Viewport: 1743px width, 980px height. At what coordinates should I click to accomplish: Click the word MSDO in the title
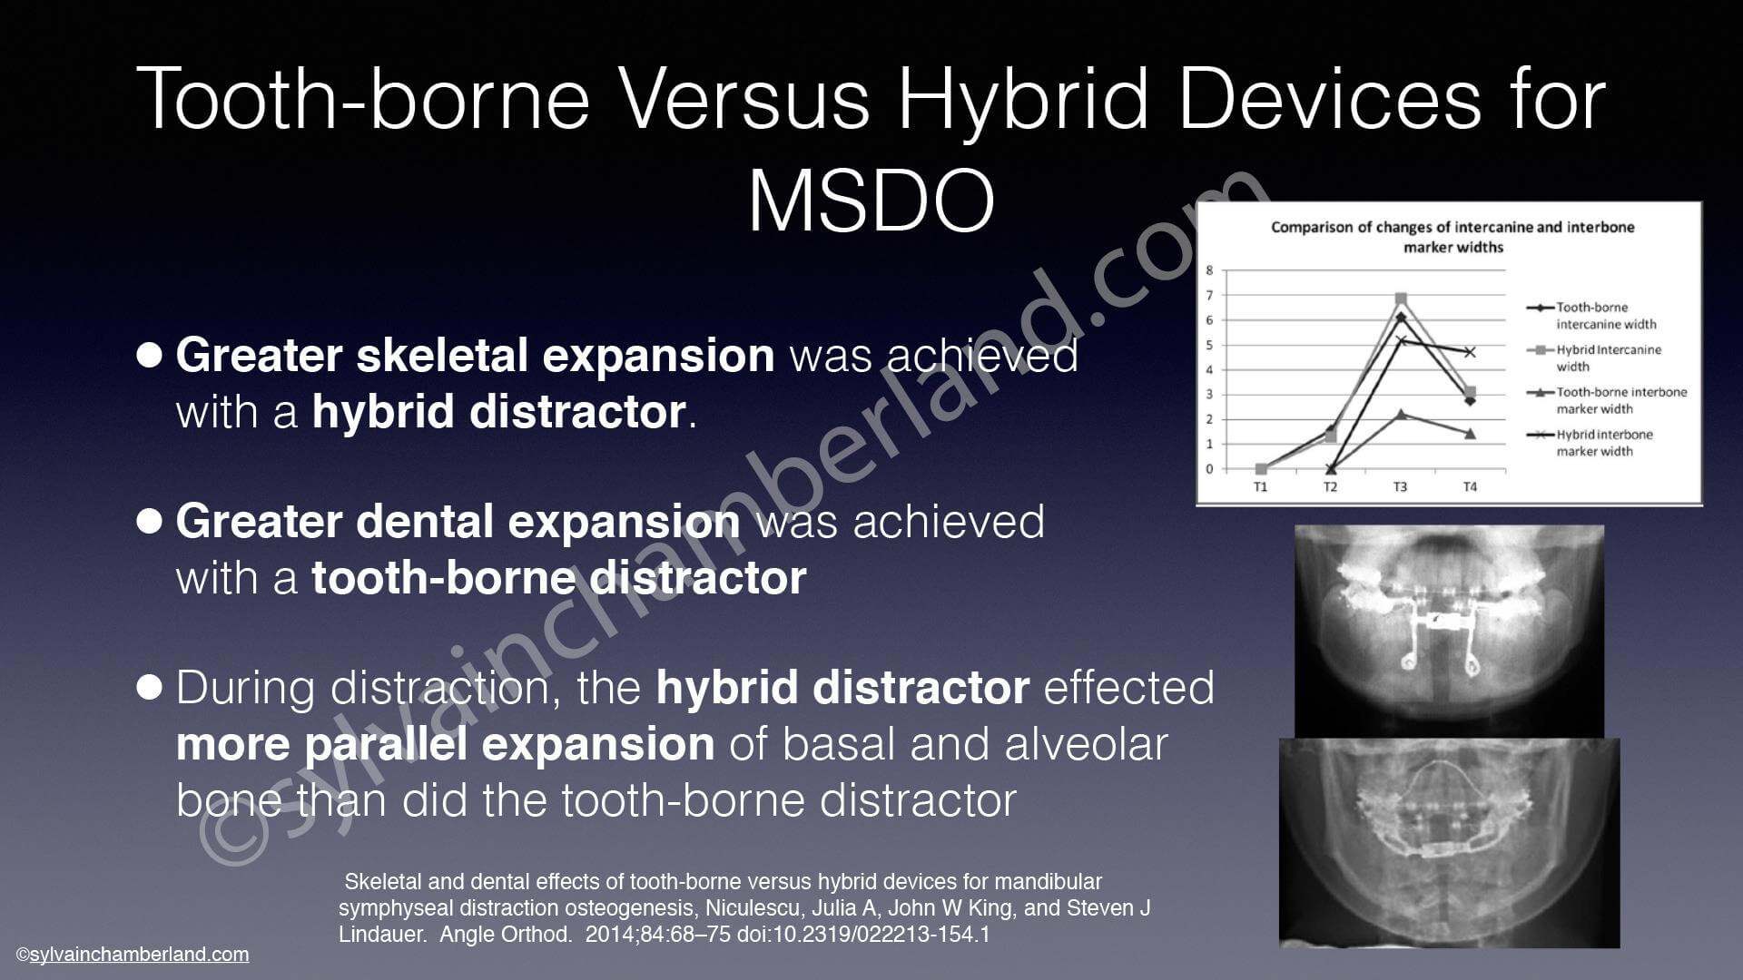pos(871,201)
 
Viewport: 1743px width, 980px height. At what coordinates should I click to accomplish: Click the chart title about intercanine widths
pos(1452,237)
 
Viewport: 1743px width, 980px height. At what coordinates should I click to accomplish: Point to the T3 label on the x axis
pos(1400,487)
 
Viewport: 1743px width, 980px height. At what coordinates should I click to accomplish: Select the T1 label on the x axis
pos(1261,487)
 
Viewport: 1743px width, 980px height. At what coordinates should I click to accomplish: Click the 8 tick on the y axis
pos(1209,270)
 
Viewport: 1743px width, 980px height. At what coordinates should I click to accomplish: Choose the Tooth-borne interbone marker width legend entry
pos(1607,400)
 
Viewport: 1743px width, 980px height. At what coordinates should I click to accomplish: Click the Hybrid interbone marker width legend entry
pos(1603,443)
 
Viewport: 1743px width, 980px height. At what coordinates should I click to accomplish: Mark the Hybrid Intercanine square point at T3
pos(1401,299)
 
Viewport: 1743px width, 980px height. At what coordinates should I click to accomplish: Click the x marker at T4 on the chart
pos(1471,352)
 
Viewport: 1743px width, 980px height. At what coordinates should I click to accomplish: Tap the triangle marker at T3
pos(1401,415)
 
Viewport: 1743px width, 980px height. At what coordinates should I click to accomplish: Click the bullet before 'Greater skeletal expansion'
pos(150,354)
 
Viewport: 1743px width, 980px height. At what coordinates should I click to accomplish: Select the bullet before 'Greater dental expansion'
pos(150,521)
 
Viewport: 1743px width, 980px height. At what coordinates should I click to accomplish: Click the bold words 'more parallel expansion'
pos(445,745)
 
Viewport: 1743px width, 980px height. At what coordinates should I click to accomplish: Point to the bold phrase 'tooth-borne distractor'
pos(559,578)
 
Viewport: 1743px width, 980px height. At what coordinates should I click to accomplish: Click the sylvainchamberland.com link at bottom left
pos(139,955)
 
